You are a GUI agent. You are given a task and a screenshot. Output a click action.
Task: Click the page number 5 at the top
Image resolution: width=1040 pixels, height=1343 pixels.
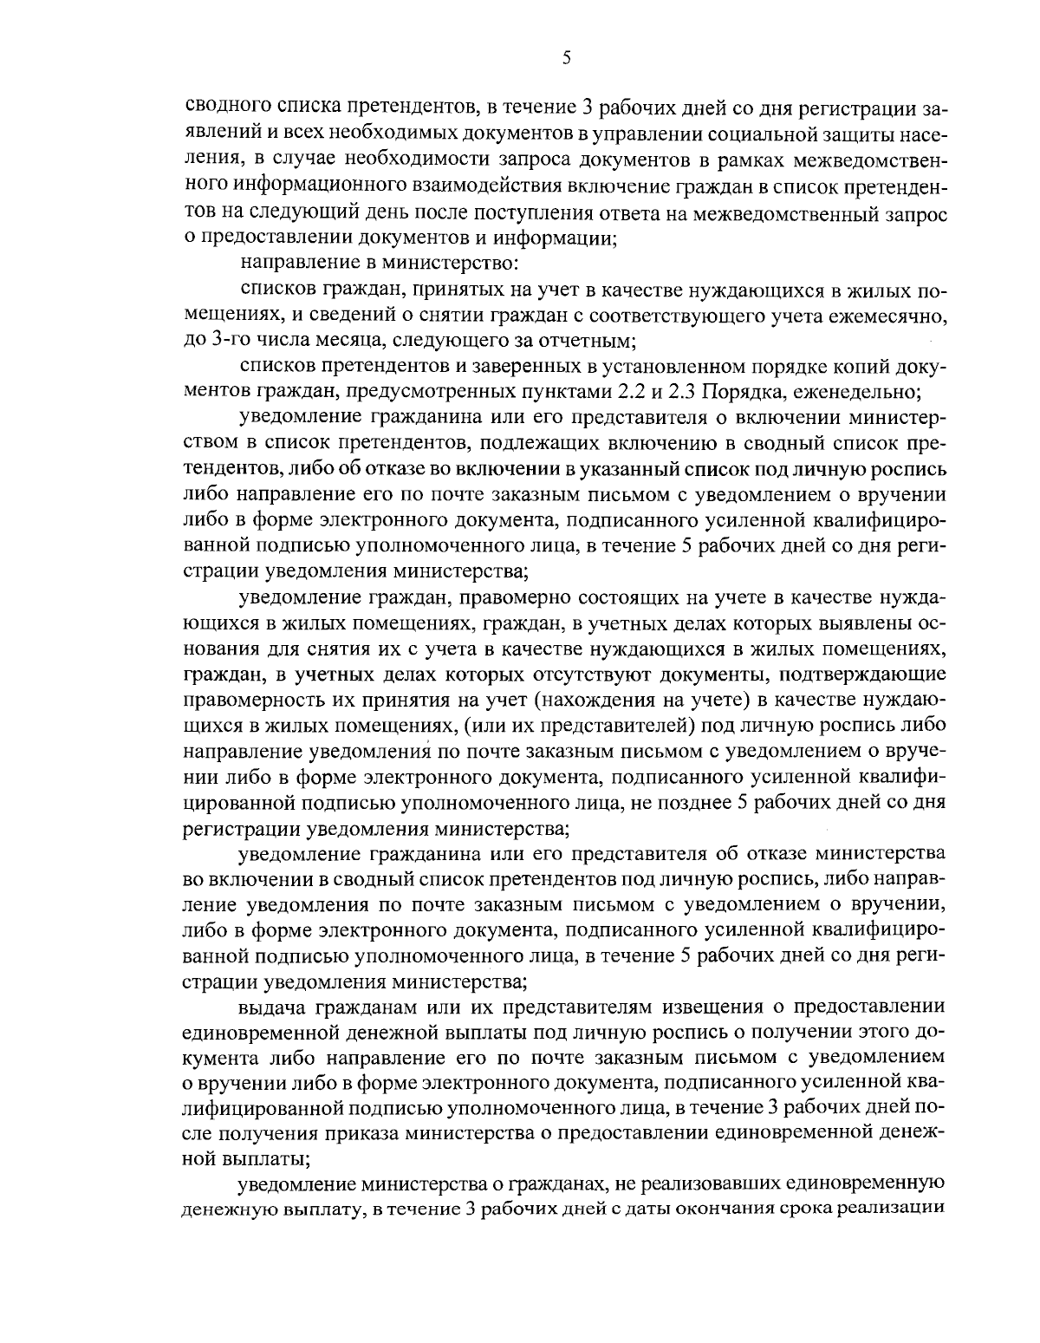pos(566,58)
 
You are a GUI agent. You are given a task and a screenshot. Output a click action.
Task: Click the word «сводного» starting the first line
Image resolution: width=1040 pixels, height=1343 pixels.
pos(221,109)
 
